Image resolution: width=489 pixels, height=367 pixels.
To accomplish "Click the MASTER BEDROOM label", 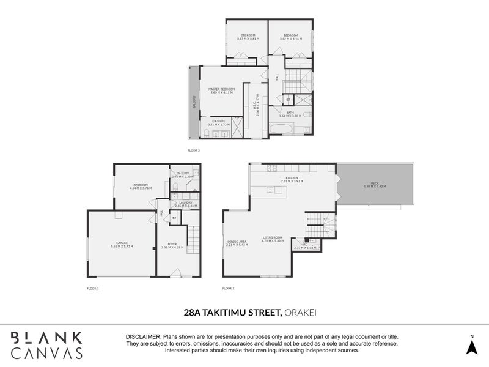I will [222, 89].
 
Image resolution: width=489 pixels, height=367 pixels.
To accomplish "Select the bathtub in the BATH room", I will [281, 129].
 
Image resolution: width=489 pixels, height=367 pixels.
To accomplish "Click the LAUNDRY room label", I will [185, 202].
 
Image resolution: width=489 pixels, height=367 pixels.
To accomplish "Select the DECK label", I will [375, 183].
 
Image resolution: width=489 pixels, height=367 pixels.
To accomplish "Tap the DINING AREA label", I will [237, 241].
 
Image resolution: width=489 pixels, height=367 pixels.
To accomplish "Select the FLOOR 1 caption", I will [92, 287].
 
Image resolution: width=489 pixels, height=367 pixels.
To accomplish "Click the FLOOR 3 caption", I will [194, 150].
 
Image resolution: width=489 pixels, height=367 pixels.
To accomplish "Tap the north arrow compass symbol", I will [471, 347].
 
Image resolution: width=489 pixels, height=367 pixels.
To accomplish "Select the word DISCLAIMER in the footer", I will [143, 337].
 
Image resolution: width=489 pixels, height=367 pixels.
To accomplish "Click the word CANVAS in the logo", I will [47, 352].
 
